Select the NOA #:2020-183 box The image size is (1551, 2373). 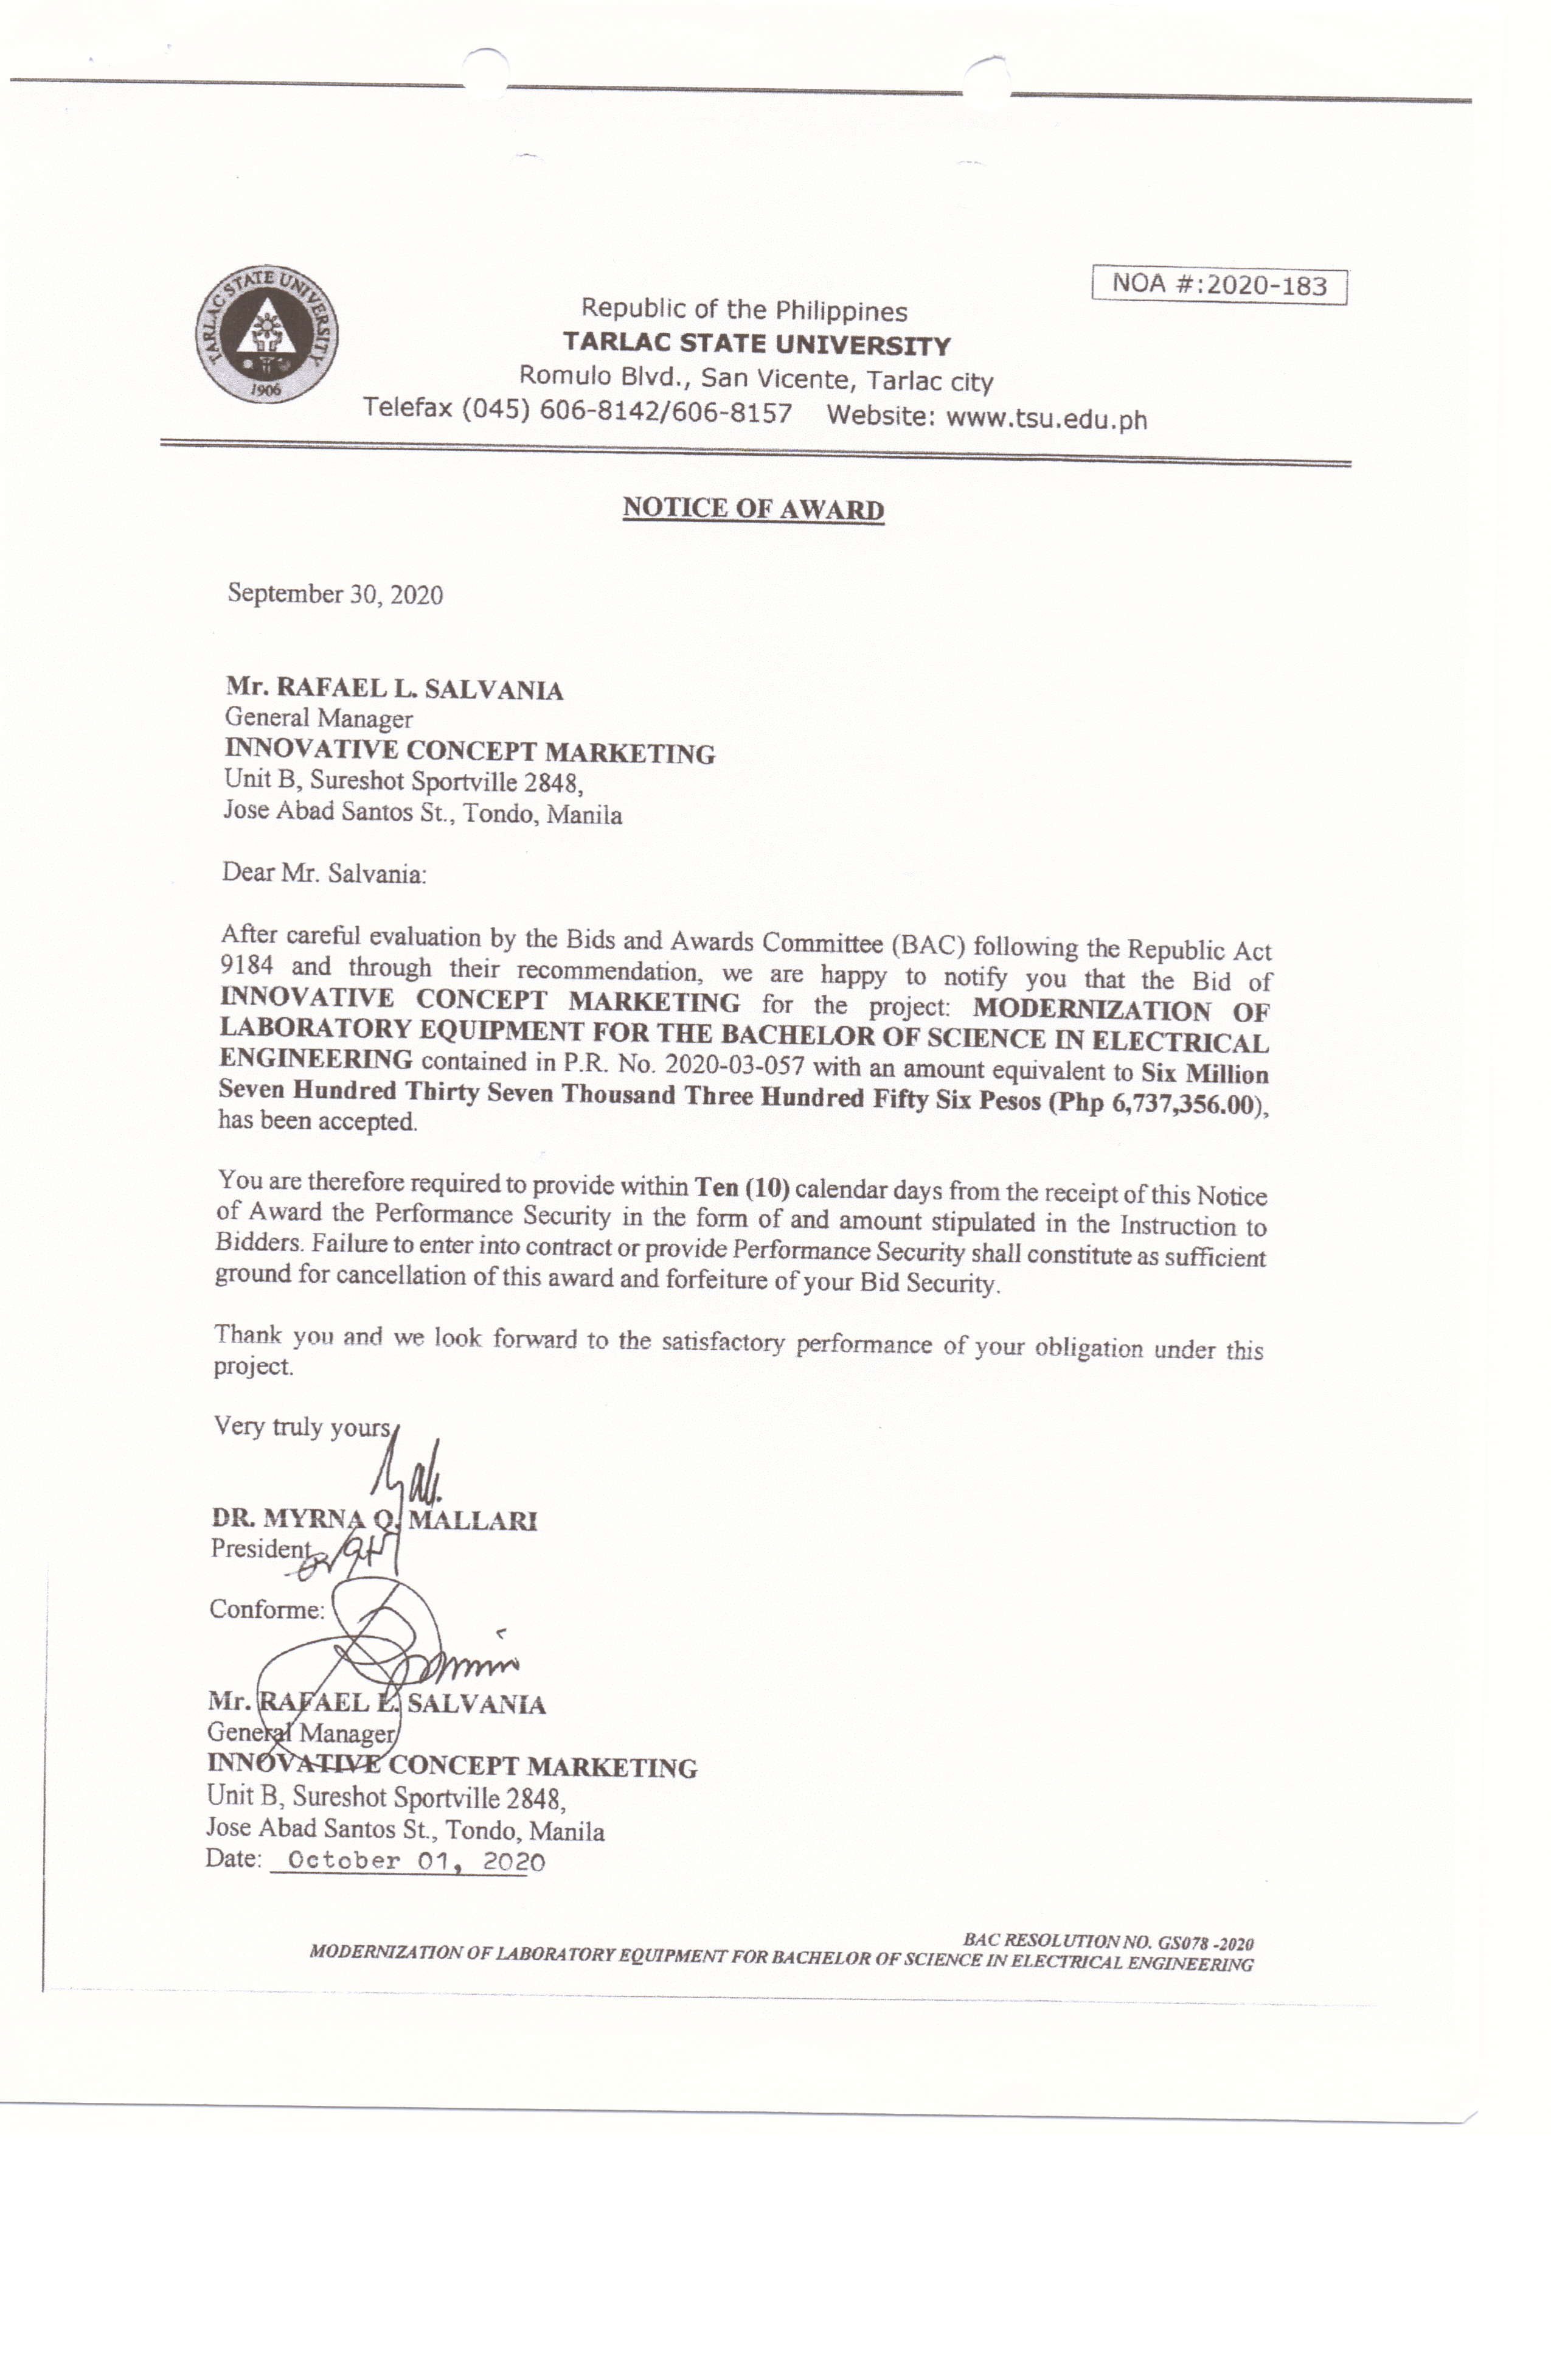pyautogui.click(x=1218, y=285)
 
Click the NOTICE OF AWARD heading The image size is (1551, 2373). pyautogui.click(x=752, y=509)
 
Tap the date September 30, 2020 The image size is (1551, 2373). pyautogui.click(x=335, y=594)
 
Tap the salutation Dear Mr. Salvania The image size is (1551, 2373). pyautogui.click(x=324, y=873)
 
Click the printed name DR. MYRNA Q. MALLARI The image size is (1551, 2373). pyautogui.click(x=374, y=1519)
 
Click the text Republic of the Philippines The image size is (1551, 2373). pyautogui.click(x=744, y=310)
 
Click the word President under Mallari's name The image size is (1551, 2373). pyautogui.click(x=261, y=1549)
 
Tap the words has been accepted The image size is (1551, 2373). pyautogui.click(x=317, y=1121)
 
